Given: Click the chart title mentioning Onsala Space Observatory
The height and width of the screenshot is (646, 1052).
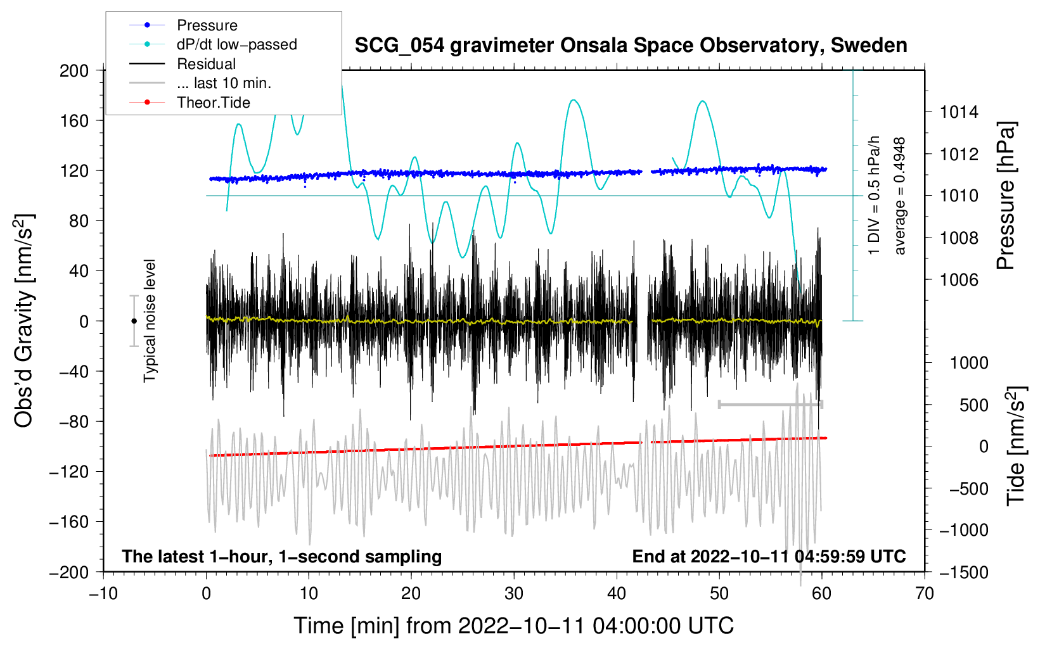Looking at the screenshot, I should pos(631,46).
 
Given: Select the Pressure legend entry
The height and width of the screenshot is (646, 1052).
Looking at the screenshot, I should pos(207,25).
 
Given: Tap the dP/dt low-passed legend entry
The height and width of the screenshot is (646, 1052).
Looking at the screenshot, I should pos(236,44).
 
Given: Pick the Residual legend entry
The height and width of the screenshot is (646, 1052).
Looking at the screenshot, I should pos(206,64).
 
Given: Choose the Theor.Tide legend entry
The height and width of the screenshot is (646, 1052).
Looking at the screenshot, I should pos(213,103).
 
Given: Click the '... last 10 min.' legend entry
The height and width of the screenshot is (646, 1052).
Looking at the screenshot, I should pos(224,83).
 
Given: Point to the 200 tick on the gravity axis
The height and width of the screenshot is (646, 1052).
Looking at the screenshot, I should pos(74,70).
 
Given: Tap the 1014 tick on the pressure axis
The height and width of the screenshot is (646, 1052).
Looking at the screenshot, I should pos(959,112).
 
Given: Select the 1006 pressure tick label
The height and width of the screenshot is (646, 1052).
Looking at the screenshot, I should pos(959,280).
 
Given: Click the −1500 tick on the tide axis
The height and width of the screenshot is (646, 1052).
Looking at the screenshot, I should pos(963,572).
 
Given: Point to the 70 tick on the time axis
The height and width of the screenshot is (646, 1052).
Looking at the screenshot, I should pos(925,593).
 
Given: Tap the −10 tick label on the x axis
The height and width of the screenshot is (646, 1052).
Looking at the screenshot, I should pos(103,593).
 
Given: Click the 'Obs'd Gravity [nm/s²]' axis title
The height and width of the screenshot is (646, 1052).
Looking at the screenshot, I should pos(24,320).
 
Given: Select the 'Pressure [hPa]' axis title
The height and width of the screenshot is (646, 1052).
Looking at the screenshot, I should pos(1006,196).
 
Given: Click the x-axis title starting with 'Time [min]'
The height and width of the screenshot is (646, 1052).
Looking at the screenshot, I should pos(513,626).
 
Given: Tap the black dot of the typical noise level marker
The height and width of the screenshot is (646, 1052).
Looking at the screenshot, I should pos(134,321).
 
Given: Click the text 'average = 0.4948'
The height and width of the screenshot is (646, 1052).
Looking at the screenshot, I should pos(900,196).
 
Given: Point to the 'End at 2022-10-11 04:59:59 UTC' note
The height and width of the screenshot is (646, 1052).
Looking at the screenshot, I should pos(769,557).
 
